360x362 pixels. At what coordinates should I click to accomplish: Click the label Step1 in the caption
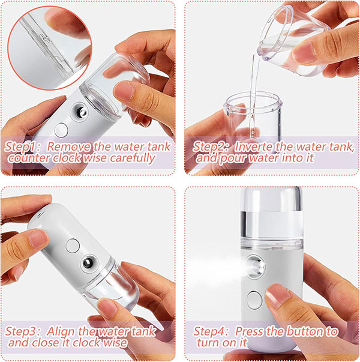click(x=22, y=146)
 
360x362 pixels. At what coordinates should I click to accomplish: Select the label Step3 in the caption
click(x=22, y=331)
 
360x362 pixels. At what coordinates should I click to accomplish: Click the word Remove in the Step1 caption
click(x=65, y=146)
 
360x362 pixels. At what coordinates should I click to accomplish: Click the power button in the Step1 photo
click(x=61, y=129)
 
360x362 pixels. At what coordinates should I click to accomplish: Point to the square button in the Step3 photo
click(x=73, y=245)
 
